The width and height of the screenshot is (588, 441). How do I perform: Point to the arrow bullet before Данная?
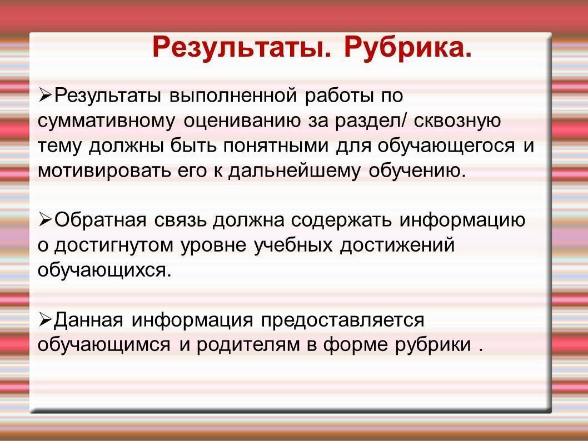pos(45,319)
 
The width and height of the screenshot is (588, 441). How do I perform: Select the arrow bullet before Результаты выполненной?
pos(45,95)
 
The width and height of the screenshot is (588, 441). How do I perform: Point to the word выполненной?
pos(233,96)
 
